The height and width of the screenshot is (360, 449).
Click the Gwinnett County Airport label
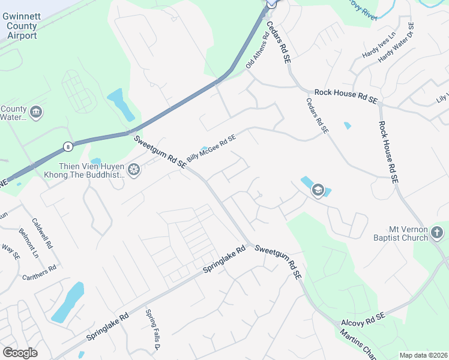(20, 27)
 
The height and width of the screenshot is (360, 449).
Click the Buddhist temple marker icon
(133, 170)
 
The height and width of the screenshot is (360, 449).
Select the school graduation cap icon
(318, 191)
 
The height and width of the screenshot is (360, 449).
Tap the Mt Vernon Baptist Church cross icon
(437, 232)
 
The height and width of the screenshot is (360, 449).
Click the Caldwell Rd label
(43, 233)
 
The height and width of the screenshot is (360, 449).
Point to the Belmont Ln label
(28, 243)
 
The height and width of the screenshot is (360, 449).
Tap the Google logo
(20, 353)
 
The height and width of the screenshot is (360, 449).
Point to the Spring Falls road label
(152, 329)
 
